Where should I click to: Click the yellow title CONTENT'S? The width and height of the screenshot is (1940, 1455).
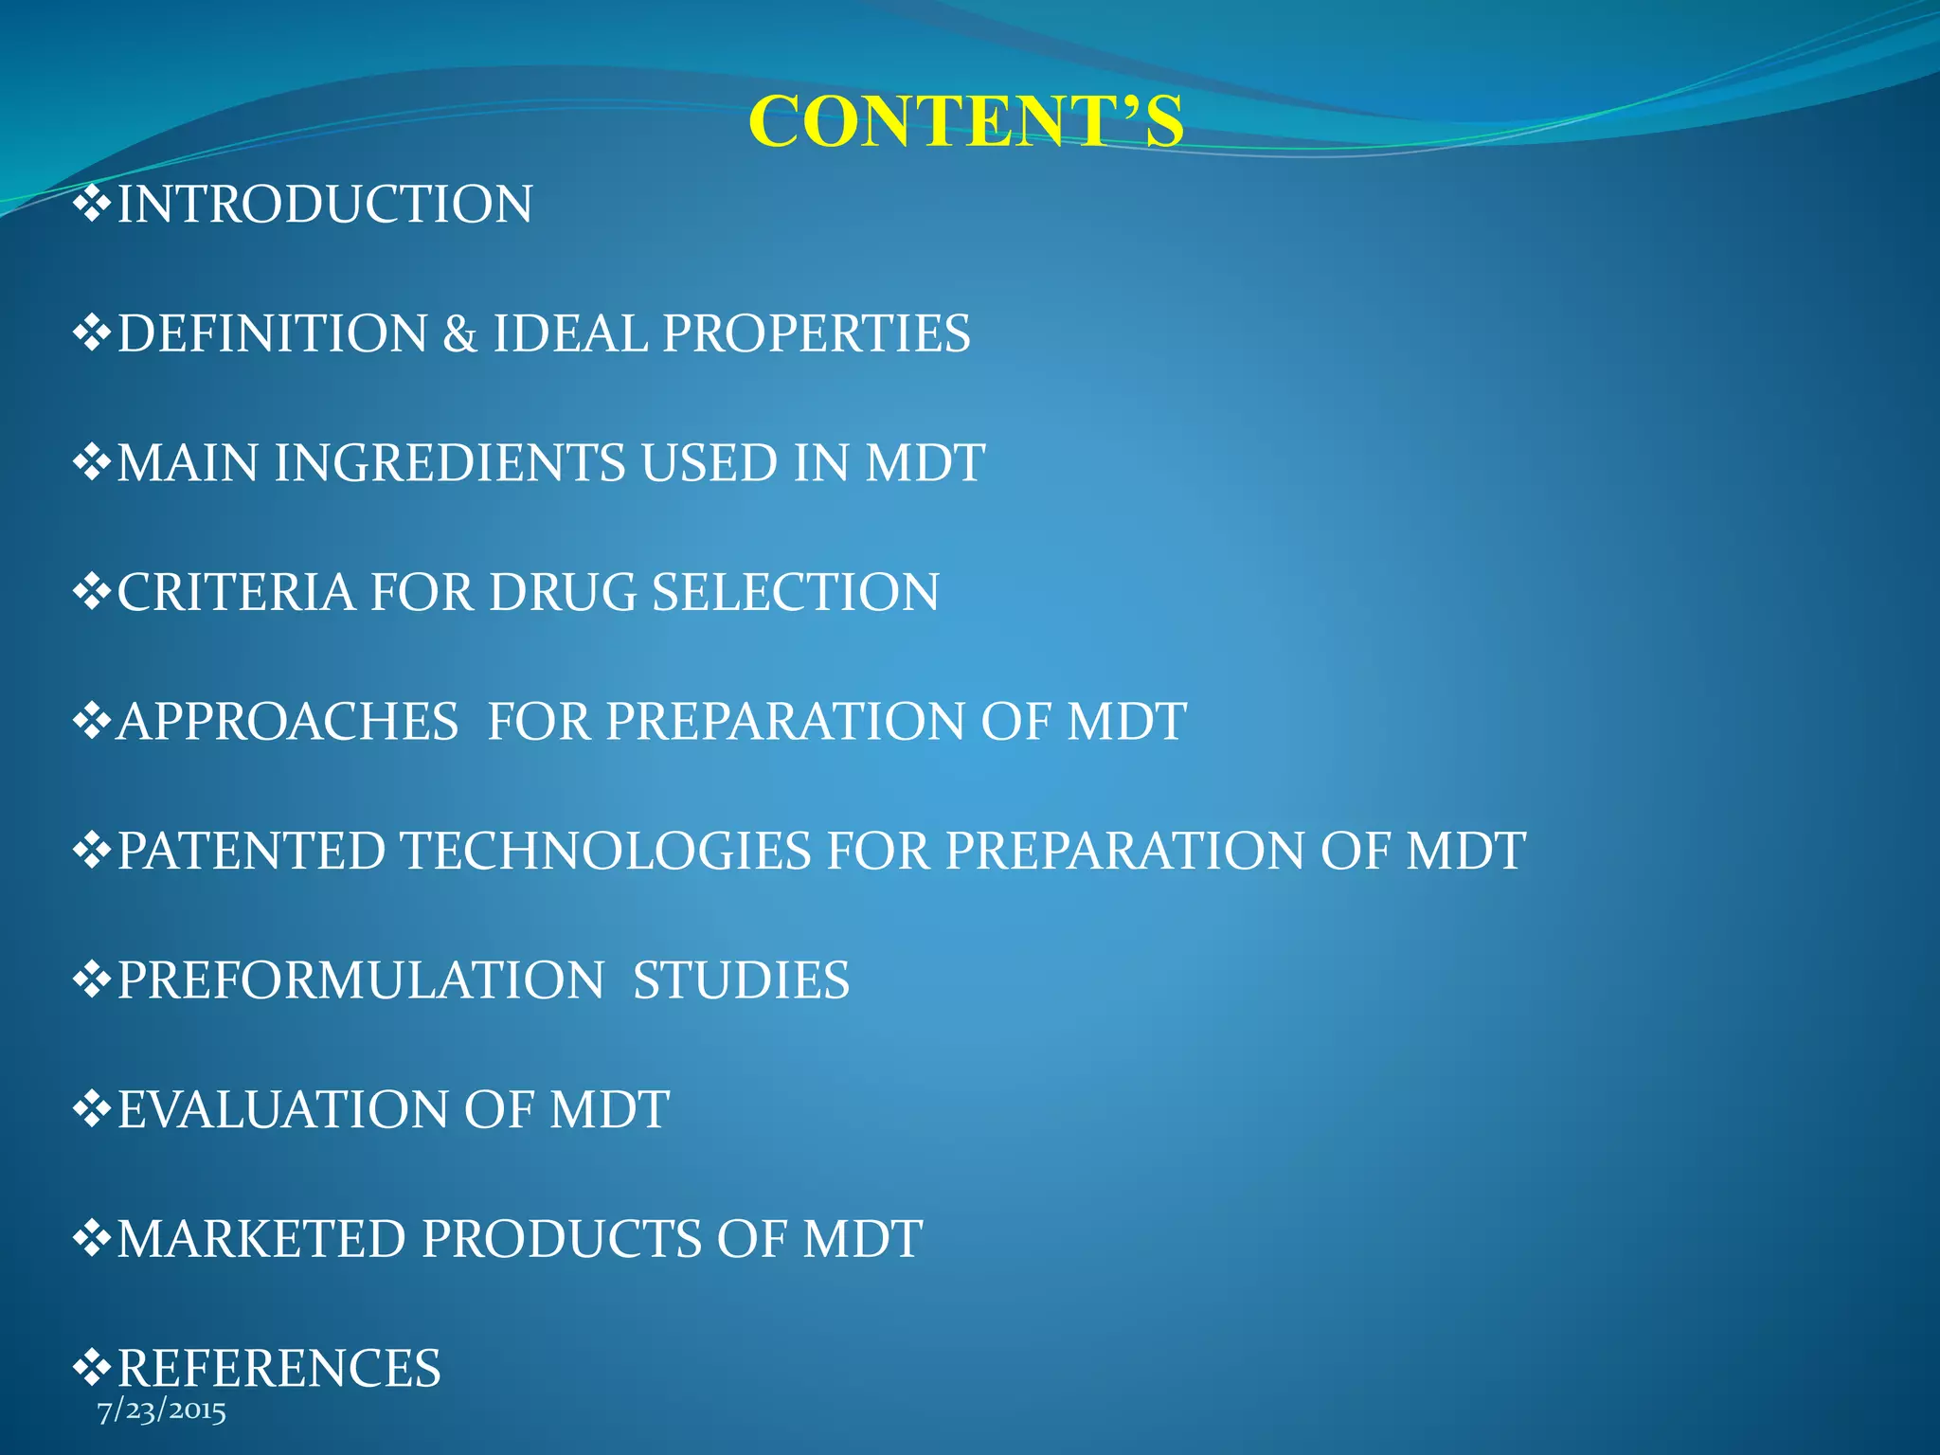965,122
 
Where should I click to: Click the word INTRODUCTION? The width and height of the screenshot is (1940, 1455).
325,205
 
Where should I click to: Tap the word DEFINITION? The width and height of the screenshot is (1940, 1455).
272,333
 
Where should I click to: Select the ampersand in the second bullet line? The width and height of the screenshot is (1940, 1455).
459,333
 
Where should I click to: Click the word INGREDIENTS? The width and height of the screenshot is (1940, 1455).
450,463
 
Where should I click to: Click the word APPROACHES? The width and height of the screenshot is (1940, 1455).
288,722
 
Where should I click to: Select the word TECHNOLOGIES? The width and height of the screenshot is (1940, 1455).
607,851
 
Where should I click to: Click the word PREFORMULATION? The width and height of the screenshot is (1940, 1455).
361,980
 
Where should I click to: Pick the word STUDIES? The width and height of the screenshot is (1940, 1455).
741,980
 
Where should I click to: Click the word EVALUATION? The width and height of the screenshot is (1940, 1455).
283,1109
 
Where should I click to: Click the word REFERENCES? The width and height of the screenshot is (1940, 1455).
278,1368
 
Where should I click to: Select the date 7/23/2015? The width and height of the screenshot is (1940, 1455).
162,1411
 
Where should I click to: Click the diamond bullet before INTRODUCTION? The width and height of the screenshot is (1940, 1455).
92,205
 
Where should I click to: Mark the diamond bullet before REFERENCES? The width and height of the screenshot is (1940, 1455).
92,1368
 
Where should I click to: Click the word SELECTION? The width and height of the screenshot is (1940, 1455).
795,592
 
